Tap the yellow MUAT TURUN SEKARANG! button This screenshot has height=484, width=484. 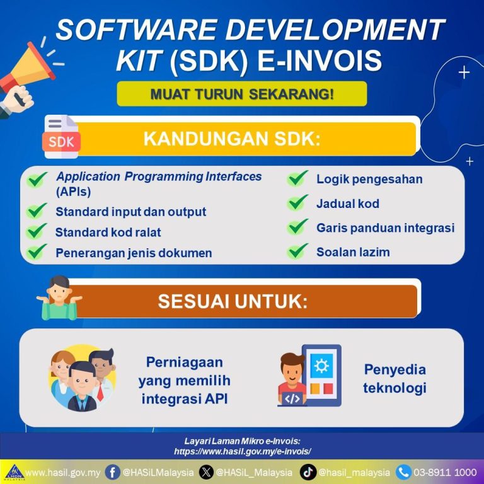242,94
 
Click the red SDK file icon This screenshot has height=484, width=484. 61,137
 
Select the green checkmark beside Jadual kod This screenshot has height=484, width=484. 297,202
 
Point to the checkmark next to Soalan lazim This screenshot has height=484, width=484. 297,251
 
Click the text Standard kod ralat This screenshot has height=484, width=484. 108,232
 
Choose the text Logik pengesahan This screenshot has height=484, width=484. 369,179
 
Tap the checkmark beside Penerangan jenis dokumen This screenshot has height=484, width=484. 37,252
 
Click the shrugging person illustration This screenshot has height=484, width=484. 59,298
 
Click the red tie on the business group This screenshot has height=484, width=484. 100,392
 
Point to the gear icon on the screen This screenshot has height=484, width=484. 321,366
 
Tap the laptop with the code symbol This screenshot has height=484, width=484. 292,399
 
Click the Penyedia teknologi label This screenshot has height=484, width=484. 395,379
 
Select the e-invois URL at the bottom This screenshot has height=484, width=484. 242,452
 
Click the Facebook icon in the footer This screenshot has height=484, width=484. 112,473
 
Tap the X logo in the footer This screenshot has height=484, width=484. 206,473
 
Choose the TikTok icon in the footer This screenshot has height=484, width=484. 308,473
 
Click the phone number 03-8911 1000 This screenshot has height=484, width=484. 445,473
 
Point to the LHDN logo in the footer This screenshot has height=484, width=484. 14,473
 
